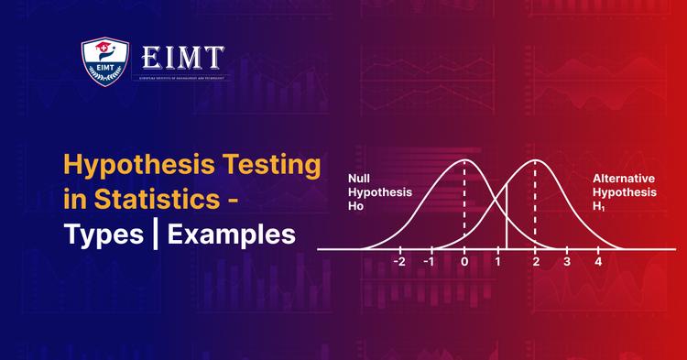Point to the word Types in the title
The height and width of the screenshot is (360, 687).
pyautogui.click(x=100, y=235)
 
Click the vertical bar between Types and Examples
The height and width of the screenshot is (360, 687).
pyautogui.click(x=157, y=235)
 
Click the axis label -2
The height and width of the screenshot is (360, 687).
pyautogui.click(x=398, y=262)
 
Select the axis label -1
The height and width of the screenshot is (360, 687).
pyautogui.click(x=428, y=262)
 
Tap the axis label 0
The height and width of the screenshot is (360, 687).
pyautogui.click(x=464, y=262)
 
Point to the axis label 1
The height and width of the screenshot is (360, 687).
pyautogui.click(x=497, y=262)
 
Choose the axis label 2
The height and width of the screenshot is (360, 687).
pyautogui.click(x=536, y=262)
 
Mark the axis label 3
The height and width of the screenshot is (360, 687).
pyautogui.click(x=567, y=262)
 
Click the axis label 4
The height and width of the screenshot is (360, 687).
pyautogui.click(x=598, y=262)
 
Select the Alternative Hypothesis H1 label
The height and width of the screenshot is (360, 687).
pyautogui.click(x=624, y=193)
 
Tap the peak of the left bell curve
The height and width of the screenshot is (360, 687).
pyautogui.click(x=464, y=161)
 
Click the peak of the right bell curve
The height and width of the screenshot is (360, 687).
pyautogui.click(x=536, y=161)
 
